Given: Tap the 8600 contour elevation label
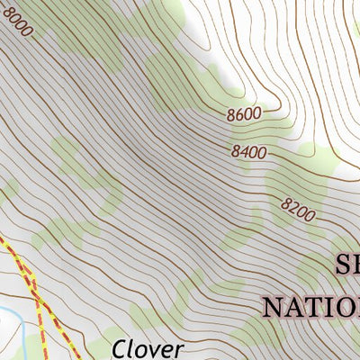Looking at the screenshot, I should click(244, 113).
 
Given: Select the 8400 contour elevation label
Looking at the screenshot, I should click(248, 152).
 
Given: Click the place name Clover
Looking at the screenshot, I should click(148, 348).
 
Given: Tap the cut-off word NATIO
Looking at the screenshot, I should click(310, 306).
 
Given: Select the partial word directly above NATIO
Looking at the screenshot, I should click(346, 265).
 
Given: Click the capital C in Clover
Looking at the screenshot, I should click(121, 348).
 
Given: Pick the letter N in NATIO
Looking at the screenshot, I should click(273, 306).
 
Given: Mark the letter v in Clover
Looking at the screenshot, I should click(154, 350).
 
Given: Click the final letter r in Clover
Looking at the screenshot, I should click(178, 350).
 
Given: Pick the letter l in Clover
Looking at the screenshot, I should click(132, 348).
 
